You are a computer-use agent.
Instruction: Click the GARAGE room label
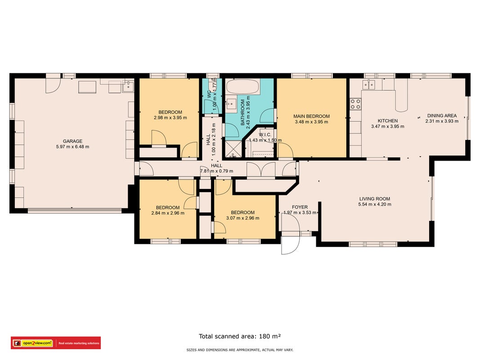72,141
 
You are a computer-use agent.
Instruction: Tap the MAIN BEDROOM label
311,116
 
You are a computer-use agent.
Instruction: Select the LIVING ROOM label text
375,198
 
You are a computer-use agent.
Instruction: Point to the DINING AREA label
442,115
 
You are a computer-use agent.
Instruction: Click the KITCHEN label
387,121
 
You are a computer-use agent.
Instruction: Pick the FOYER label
300,207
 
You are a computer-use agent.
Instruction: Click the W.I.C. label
265,135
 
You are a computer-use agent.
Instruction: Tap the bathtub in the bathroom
243,86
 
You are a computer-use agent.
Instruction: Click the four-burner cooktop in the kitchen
355,104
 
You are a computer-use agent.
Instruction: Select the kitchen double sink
368,84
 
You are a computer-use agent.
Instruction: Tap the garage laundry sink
128,86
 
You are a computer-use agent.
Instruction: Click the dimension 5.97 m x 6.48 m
72,147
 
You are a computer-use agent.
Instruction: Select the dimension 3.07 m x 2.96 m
243,218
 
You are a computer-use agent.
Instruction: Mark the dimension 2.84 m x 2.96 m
168,213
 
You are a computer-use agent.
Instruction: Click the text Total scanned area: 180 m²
240,336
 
